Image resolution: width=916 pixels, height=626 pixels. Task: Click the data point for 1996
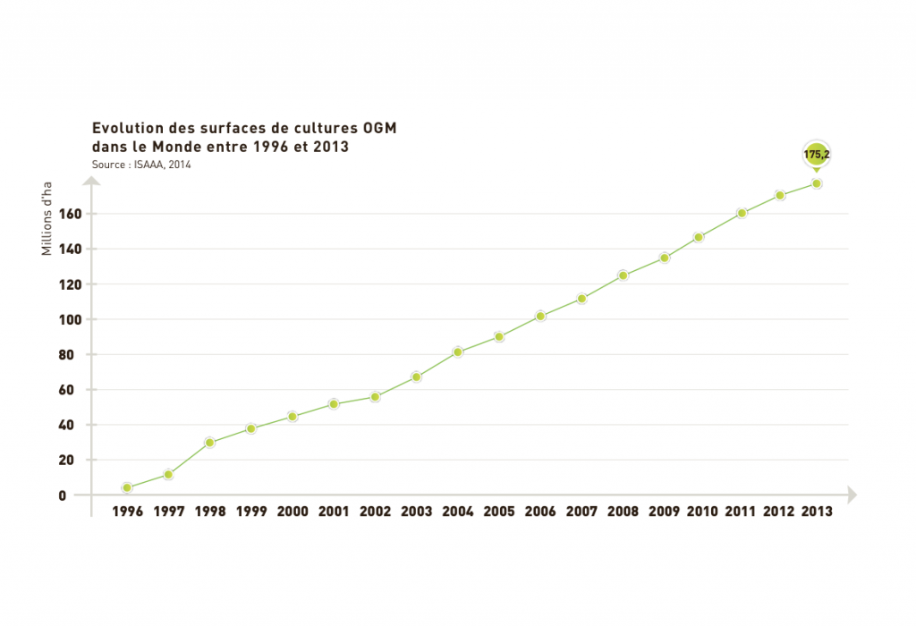(127, 487)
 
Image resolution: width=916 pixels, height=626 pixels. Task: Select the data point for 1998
(209, 443)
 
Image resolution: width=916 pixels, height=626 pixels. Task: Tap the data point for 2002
(375, 396)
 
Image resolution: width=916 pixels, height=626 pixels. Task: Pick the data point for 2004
(457, 352)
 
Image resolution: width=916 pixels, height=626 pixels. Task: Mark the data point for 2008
(623, 275)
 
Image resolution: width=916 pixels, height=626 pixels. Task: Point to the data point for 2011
(742, 213)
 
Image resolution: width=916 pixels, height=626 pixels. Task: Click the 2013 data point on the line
(817, 183)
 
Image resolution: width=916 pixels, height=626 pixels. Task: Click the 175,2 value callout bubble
(817, 155)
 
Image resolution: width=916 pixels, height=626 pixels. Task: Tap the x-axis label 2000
(293, 512)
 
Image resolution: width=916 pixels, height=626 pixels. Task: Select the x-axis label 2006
(539, 512)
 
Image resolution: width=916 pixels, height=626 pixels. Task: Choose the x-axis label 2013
(817, 512)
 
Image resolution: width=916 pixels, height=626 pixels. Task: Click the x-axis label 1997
(168, 512)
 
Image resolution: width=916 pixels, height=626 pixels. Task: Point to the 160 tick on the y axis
(71, 214)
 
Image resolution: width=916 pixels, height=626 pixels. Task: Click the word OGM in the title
(375, 129)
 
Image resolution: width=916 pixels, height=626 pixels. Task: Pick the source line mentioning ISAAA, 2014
(141, 165)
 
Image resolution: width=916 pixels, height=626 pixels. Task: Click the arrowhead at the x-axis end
(852, 495)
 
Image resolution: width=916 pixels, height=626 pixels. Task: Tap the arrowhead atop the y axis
(91, 181)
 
